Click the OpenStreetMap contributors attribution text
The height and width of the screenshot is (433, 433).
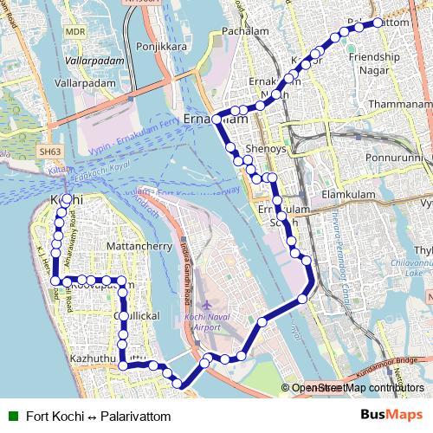(x=358, y=388)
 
